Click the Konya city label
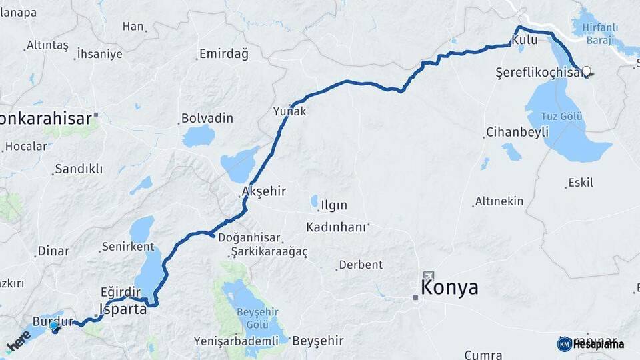coord(449,288)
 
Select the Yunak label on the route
coord(290,111)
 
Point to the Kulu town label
coord(519,41)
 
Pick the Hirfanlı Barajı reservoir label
coord(602,34)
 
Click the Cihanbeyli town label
coord(517,131)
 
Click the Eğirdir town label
coord(121,291)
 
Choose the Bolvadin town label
coord(207,118)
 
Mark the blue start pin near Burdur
coord(54,326)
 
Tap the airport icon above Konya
coord(427,275)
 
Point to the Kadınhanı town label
coord(336,227)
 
